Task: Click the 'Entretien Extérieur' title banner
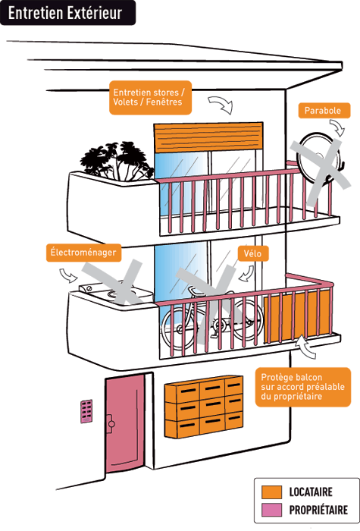click(x=67, y=13)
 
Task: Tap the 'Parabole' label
click(x=324, y=111)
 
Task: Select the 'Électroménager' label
click(x=83, y=253)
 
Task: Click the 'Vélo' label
click(x=252, y=253)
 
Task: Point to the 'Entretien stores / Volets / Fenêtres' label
click(x=150, y=98)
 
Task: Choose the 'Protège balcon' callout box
click(x=303, y=387)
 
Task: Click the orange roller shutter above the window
click(x=208, y=137)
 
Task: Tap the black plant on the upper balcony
click(x=117, y=161)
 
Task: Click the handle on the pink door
click(x=110, y=423)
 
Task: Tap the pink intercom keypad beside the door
click(x=86, y=411)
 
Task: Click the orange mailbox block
click(x=204, y=407)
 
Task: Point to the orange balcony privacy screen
click(x=297, y=316)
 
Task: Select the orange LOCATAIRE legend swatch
click(x=271, y=492)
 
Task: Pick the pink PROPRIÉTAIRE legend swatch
click(x=271, y=510)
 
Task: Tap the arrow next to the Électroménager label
click(x=68, y=275)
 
